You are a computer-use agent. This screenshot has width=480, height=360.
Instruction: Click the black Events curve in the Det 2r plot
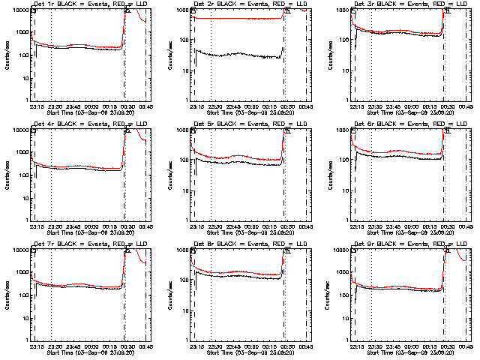240,55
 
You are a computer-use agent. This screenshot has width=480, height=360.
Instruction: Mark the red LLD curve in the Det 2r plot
240,18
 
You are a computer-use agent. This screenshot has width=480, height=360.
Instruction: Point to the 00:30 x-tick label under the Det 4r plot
127,226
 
